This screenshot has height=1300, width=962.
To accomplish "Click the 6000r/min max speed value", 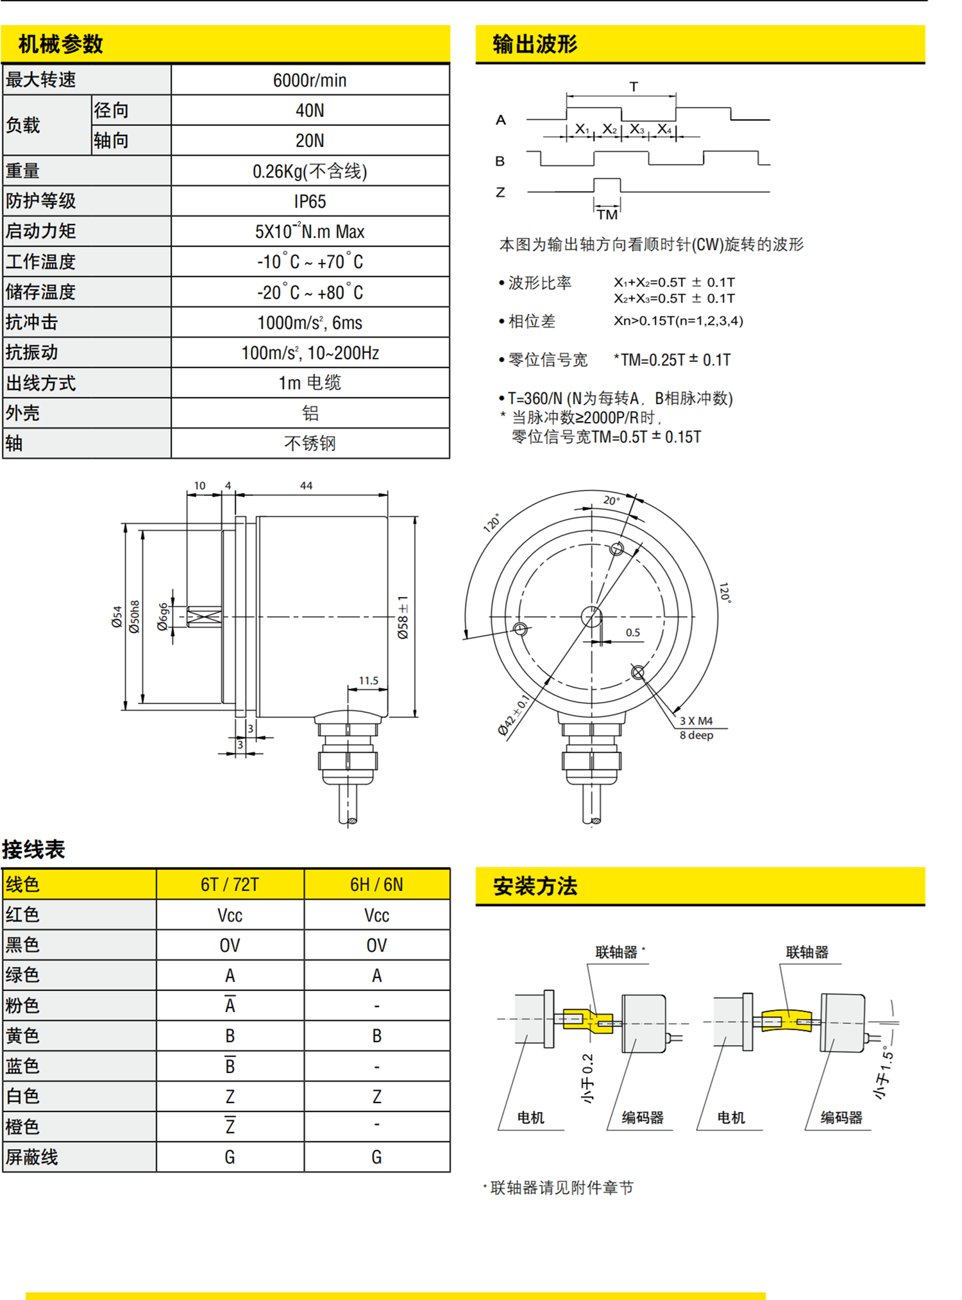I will coord(310,80).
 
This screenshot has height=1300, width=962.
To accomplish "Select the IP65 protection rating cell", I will coord(310,201).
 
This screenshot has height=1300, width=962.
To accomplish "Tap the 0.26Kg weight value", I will coord(310,171).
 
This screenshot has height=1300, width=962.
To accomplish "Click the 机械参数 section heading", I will coord(61,44).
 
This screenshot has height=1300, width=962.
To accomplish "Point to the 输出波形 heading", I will coord(535,44).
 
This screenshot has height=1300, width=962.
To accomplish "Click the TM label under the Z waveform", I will coord(607,214).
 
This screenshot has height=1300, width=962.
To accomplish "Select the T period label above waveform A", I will coord(634,87).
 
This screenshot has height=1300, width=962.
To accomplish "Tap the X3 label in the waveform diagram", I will coord(636,130).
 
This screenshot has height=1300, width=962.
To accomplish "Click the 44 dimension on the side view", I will coord(306,485).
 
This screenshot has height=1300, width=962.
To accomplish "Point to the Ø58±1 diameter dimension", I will coord(403,617).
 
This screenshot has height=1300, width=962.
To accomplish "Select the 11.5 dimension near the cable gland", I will coord(368,680).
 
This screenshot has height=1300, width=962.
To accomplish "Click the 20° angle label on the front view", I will coord(611,500).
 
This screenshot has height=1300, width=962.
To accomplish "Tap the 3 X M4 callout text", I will coord(696,721).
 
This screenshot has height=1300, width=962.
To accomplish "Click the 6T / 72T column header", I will coord(230,885).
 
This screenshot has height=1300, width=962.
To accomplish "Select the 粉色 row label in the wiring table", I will coord(23,1005).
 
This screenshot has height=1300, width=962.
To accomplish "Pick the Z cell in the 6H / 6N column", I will coord(376,1097).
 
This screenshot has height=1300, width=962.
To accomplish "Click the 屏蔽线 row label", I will coord(32,1157).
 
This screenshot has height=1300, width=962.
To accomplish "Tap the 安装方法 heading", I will coord(535,886).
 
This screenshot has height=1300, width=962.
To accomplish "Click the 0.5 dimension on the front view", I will coord(633,632).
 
